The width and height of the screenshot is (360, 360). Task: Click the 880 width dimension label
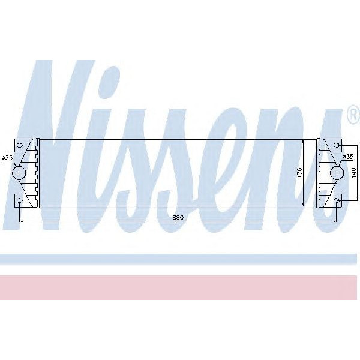[177, 217]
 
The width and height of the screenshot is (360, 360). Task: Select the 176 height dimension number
[299, 172]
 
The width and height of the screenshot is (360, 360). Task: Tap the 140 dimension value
[353, 172]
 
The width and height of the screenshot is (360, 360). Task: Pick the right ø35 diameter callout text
[347, 157]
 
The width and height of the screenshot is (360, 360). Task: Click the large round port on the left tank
[20, 173]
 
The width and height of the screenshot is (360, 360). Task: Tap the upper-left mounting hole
[20, 145]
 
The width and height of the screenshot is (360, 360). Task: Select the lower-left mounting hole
[20, 200]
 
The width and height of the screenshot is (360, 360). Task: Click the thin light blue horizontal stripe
[180, 259]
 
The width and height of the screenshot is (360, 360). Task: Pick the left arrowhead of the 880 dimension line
[22, 221]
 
